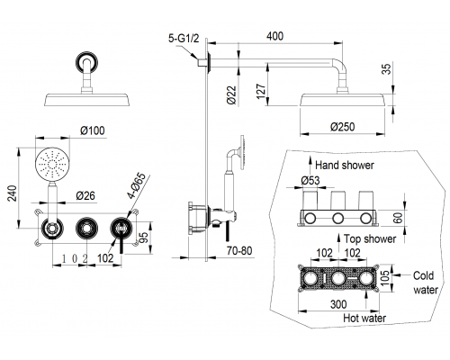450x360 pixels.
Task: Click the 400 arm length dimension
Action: (274, 36)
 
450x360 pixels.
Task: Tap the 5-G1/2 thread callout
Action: (184, 39)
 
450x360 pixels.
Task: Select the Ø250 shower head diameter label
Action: (343, 127)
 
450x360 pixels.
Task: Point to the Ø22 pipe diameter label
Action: (231, 95)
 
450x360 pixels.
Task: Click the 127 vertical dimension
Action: (261, 91)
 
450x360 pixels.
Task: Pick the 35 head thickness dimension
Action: (388, 68)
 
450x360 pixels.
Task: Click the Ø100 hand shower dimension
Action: (93, 130)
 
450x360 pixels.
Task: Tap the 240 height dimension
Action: (12, 193)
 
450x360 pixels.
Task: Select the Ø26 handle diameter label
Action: (85, 195)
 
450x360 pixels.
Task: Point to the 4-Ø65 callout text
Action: (137, 186)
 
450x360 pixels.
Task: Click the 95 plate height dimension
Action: (144, 238)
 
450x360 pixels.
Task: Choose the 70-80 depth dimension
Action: (239, 250)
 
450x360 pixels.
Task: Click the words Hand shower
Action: (345, 165)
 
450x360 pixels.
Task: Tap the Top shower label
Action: (370, 238)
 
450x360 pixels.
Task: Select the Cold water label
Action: (426, 283)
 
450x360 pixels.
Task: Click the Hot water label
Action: (364, 318)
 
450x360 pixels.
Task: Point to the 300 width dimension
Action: (338, 304)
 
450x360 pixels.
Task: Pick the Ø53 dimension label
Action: (310, 180)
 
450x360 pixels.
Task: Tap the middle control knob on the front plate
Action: (86, 229)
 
